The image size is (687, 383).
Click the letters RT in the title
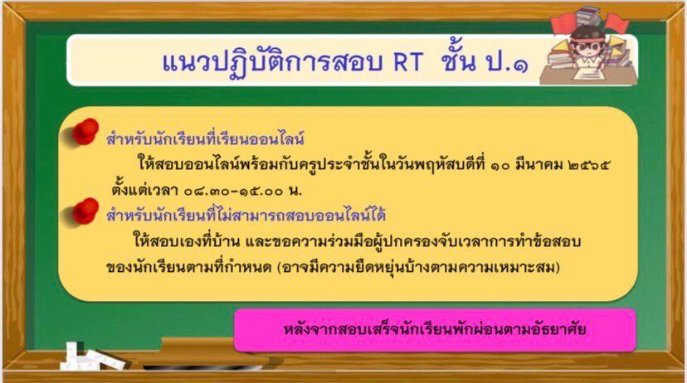[407, 62]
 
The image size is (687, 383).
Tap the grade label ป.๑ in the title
[508, 62]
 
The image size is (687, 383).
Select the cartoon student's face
[587, 46]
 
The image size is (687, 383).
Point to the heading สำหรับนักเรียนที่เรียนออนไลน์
[205, 138]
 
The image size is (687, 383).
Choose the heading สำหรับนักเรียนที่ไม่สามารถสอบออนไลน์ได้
[246, 215]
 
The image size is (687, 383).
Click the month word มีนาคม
[538, 166]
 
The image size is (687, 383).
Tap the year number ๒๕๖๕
[588, 166]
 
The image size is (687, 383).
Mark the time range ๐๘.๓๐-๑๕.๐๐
[233, 191]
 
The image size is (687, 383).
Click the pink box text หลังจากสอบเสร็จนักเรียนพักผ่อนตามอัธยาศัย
[435, 329]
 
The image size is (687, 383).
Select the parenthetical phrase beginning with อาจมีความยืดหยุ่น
[419, 267]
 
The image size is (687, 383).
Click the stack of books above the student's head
[588, 16]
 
